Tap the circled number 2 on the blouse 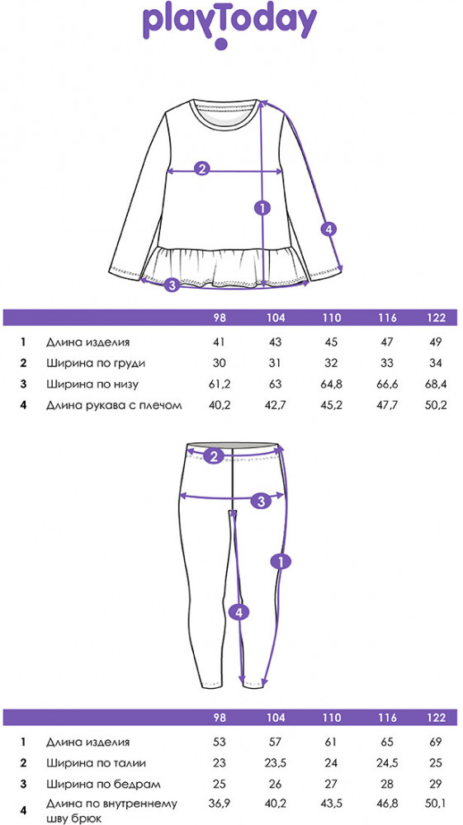(x=202, y=169)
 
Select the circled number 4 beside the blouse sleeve (x=328, y=229)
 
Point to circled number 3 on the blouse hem (x=172, y=285)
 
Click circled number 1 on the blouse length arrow (x=262, y=208)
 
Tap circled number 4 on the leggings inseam (x=239, y=611)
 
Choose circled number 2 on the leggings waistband (x=213, y=456)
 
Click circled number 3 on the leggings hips (x=262, y=501)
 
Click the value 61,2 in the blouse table (x=220, y=384)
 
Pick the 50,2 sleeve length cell (x=436, y=404)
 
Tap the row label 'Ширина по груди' (x=95, y=364)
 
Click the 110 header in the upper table (x=332, y=318)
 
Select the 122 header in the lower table (x=437, y=717)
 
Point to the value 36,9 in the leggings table (x=220, y=804)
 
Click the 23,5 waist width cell (x=276, y=763)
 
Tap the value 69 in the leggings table (x=437, y=742)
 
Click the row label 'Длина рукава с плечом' (x=114, y=405)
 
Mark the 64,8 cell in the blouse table (x=332, y=384)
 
